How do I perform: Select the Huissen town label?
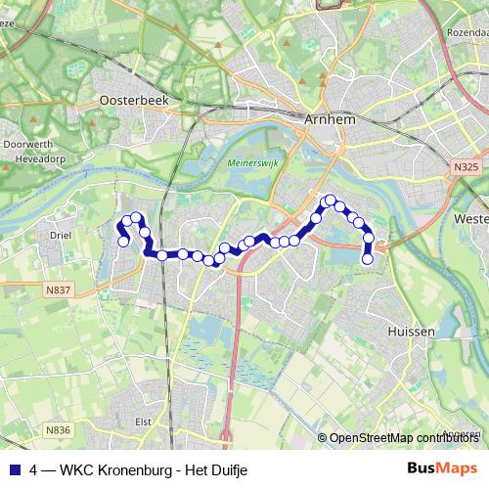pyautogui.click(x=411, y=332)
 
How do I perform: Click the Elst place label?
pyautogui.click(x=144, y=422)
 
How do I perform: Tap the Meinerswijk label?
pyautogui.click(x=251, y=163)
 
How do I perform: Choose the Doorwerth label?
pyautogui.click(x=22, y=143)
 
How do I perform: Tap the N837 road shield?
pyautogui.click(x=59, y=289)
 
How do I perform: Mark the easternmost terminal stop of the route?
pyautogui.click(x=368, y=259)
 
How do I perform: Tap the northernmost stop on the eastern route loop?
pyautogui.click(x=331, y=200)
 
